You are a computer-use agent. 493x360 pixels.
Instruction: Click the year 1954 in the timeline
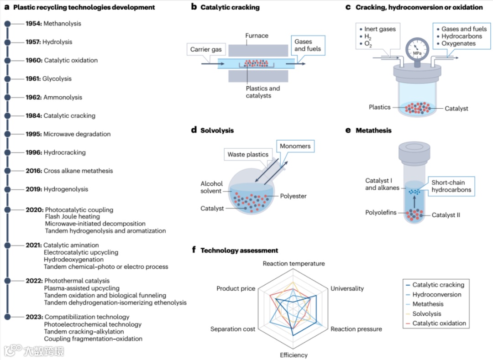(x=33, y=23)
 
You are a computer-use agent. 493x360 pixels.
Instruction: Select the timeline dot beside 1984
(x=7, y=116)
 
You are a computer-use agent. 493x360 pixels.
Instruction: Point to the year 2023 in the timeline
(x=34, y=317)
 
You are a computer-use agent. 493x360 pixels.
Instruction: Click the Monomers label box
(x=295, y=146)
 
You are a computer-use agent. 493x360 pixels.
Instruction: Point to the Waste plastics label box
(x=248, y=155)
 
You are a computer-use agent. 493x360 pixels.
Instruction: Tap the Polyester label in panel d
(x=294, y=196)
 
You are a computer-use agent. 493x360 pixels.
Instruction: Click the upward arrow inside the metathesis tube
(x=414, y=203)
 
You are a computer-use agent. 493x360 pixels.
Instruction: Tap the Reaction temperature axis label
(x=294, y=264)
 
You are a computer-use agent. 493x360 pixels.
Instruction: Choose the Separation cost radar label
(x=232, y=329)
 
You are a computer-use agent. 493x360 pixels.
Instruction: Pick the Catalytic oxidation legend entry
(x=439, y=323)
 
